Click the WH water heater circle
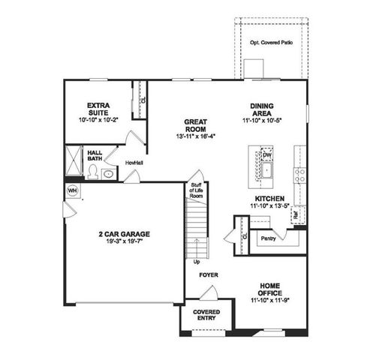point(73,190)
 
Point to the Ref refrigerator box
point(296,213)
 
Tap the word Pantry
point(269,238)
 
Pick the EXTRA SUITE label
point(98,108)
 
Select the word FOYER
point(208,275)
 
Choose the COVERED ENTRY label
point(206,314)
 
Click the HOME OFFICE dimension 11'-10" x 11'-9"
point(270,298)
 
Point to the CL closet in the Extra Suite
point(143,98)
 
